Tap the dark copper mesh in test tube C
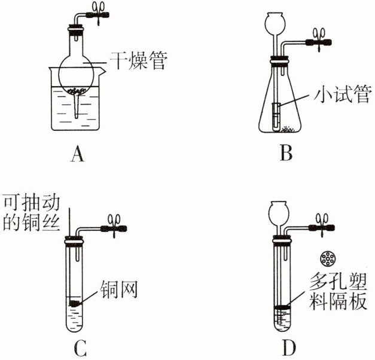75,304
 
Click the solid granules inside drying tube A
76,91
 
